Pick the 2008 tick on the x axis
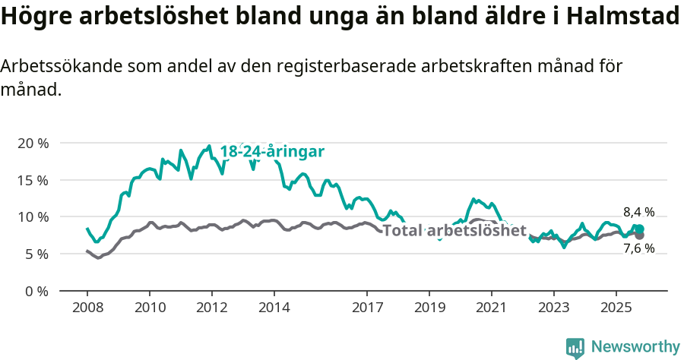click(87, 309)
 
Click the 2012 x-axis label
click(211, 309)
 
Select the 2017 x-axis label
click(367, 309)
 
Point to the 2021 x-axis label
click(491, 309)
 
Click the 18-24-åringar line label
click(272, 152)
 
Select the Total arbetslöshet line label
click(454, 230)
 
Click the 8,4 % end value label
click(638, 213)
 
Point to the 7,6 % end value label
click(638, 248)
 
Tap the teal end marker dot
click(639, 229)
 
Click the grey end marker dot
click(639, 235)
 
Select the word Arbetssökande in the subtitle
click(54, 66)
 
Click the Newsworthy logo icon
click(575, 347)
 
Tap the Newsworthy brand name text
click(635, 347)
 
